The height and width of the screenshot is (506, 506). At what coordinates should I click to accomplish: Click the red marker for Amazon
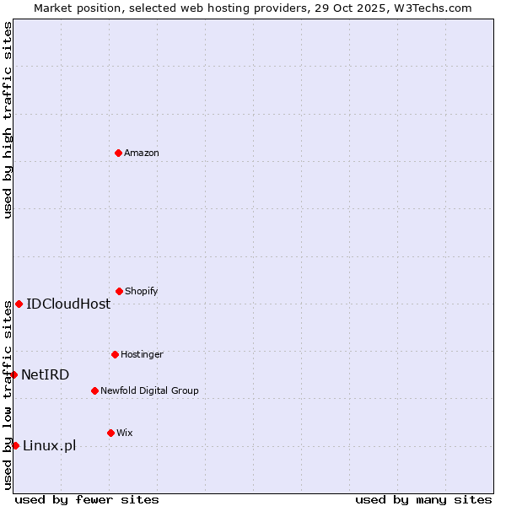click(118, 153)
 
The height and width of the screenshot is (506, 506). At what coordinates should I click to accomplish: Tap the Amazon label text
click(142, 153)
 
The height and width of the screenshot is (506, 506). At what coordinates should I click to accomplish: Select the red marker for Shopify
click(119, 291)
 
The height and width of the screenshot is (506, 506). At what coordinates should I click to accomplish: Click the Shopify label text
click(142, 291)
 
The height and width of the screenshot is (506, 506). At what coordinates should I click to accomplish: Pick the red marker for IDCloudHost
click(19, 304)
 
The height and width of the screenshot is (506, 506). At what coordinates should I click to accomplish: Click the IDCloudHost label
click(68, 304)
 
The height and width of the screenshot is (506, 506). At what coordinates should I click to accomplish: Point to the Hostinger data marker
click(115, 354)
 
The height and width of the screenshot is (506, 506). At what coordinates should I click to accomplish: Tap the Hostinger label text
click(142, 354)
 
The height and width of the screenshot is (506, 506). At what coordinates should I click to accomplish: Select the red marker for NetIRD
click(13, 374)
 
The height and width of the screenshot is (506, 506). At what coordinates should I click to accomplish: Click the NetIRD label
click(46, 374)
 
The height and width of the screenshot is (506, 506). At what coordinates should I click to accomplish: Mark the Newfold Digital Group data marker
click(94, 390)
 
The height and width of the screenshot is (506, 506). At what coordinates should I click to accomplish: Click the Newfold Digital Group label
click(149, 390)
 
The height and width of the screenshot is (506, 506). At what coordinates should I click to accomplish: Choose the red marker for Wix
click(110, 433)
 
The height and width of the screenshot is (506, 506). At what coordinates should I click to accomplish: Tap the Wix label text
click(125, 433)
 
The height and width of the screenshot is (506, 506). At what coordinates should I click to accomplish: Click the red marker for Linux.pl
click(15, 445)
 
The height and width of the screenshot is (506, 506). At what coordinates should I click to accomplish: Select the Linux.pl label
click(50, 445)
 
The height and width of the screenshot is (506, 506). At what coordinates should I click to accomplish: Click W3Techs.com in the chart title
click(429, 8)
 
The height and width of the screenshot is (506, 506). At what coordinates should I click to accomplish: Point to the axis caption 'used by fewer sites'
click(87, 499)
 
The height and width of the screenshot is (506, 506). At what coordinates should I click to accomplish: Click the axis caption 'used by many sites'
click(423, 499)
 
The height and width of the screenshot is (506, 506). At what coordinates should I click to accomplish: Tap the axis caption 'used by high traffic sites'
click(8, 120)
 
